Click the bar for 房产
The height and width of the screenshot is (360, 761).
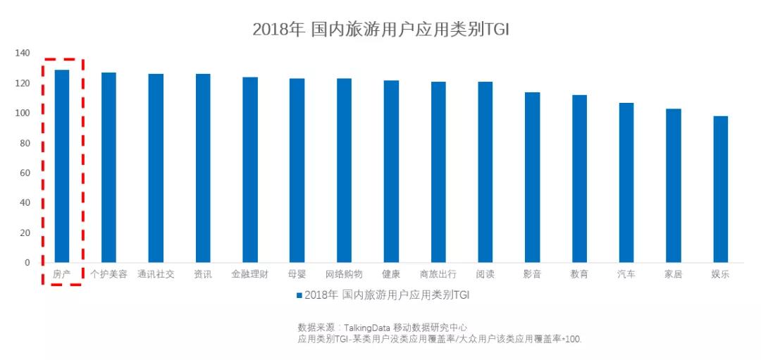point(62,166)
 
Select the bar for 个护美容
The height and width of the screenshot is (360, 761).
point(109,168)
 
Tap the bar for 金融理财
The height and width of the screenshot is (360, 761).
point(250,170)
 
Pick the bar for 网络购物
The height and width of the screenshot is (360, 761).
point(344,170)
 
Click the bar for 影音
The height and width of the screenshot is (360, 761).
point(532,178)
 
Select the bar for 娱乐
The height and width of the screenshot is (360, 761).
point(720,190)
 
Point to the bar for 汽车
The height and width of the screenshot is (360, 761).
point(626,182)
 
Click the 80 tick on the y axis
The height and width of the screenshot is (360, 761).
point(25,143)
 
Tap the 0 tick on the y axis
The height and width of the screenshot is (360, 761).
point(27,263)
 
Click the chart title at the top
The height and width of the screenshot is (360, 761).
point(380,29)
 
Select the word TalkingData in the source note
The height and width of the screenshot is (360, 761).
point(367,328)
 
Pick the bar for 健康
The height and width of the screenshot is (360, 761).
point(391,171)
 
